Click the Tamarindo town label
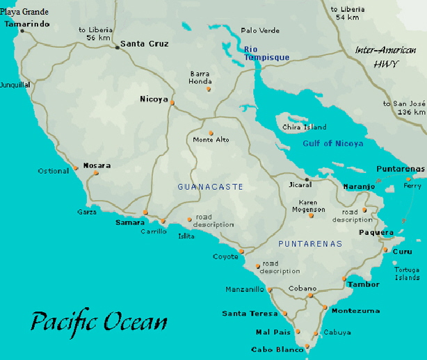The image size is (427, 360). pos(27,23)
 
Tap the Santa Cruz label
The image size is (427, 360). pos(144,44)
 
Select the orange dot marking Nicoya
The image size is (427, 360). pos(172,104)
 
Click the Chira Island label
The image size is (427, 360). pos(304,127)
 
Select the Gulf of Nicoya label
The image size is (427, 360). pos(332,144)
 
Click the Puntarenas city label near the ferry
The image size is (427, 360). pos(400,169)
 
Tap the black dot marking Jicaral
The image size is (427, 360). pos(307,179)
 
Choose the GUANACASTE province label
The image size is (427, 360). pos(210,187)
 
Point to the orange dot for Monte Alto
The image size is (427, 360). pos(211,133)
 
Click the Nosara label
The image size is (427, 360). pos(97,165)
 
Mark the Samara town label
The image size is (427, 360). pos(130,222)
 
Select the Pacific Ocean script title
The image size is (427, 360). pos(99,322)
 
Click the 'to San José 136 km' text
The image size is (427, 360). pos(404,107)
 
